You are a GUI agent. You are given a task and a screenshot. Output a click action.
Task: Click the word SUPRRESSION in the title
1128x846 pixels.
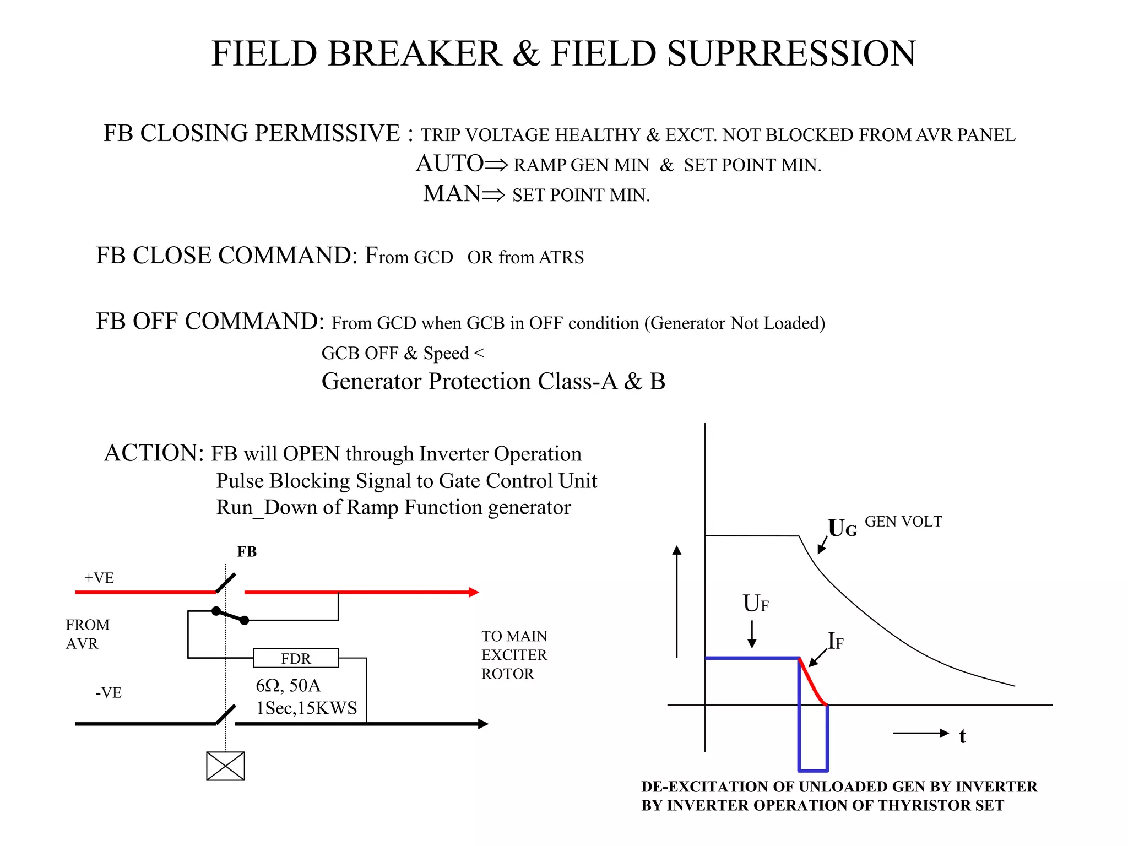click(791, 54)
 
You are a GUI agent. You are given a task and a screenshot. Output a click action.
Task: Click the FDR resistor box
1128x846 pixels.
click(296, 658)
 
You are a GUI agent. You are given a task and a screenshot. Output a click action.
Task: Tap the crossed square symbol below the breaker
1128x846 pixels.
click(225, 766)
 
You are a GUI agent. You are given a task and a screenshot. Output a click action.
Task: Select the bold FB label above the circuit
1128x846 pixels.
click(247, 552)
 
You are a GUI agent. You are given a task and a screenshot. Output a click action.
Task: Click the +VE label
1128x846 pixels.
click(99, 578)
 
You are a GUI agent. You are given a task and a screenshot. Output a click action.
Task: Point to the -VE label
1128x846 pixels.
click(109, 692)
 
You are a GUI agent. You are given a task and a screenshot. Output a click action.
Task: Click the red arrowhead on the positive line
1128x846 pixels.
click(474, 592)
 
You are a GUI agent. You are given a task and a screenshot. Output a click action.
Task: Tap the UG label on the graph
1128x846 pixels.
click(842, 528)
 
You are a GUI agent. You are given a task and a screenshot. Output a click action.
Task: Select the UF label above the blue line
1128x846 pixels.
click(756, 604)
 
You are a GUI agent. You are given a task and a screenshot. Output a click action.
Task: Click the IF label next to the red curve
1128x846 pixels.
click(836, 641)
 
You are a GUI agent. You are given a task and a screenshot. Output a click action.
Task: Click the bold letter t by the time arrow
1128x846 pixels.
click(962, 736)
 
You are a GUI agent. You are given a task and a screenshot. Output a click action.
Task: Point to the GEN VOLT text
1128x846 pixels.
click(903, 522)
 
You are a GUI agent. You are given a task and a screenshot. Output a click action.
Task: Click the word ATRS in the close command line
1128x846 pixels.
click(561, 257)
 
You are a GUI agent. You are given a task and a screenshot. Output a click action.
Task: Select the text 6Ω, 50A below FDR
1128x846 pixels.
click(288, 686)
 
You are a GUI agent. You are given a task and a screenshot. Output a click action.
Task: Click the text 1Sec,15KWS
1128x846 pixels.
click(306, 708)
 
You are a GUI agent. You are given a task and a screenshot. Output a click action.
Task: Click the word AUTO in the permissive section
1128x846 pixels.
click(449, 164)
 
